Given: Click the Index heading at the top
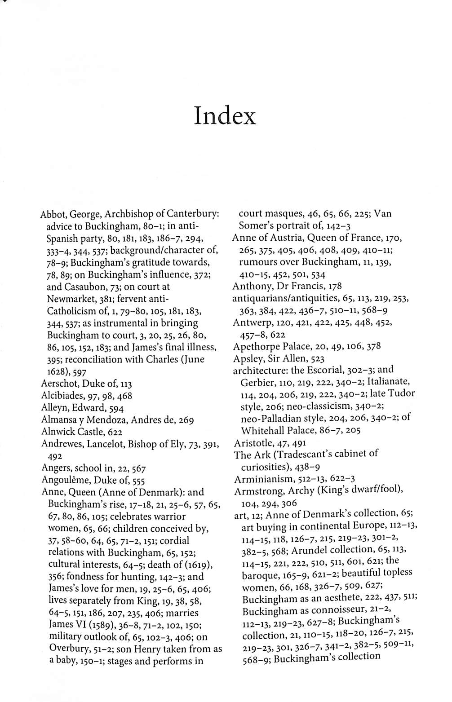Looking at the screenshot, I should pos(225,116).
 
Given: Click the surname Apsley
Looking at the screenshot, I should pos(247,358).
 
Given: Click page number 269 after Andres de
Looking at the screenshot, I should pos(185,420).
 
